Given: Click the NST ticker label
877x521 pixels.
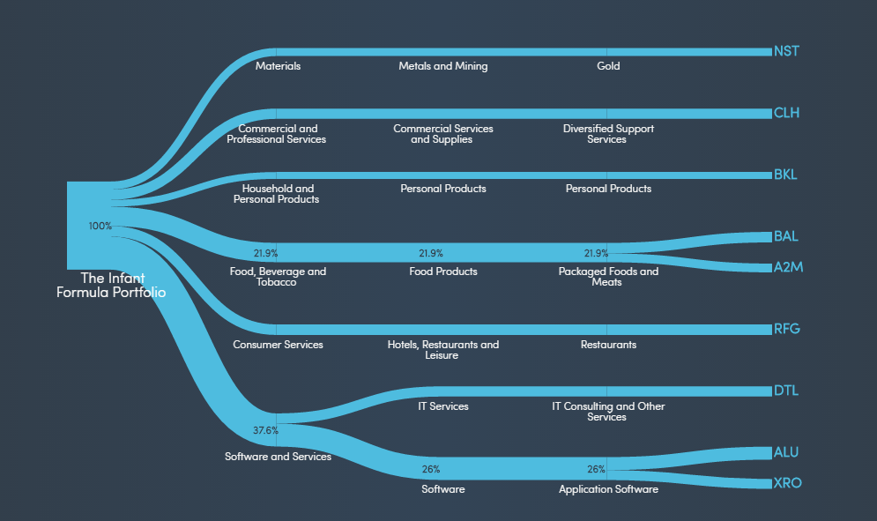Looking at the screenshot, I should coord(786,51).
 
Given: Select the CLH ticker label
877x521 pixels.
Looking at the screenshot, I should coord(786,113).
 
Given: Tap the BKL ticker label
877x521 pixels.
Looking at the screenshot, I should coord(785,175).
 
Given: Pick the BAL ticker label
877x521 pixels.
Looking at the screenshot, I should coord(785,236).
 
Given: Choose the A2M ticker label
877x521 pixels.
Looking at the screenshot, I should coord(788,267).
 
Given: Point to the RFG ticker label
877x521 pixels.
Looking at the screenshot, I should coord(786,329).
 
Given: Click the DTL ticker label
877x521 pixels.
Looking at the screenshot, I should coord(785,391).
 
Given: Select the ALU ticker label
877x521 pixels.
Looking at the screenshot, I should coord(786,452).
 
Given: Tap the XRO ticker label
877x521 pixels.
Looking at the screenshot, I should coord(787,483).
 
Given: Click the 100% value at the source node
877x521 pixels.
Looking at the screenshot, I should coord(100,226).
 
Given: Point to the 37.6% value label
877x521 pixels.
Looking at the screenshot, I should coord(265,431).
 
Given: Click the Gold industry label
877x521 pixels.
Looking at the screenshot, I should coord(608,66).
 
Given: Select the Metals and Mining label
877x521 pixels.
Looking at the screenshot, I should coord(442,66).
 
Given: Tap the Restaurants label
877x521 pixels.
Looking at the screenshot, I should coord(608,345).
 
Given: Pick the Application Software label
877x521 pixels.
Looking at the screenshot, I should coord(608,489).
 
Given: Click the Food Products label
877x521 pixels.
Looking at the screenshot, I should coord(443,272).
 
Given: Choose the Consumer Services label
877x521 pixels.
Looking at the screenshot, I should coord(278,345).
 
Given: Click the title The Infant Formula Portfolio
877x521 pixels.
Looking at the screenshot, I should coord(111,285).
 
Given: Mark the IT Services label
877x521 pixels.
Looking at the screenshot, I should coord(443,406).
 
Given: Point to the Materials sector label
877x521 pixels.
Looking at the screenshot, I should coord(278,66).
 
